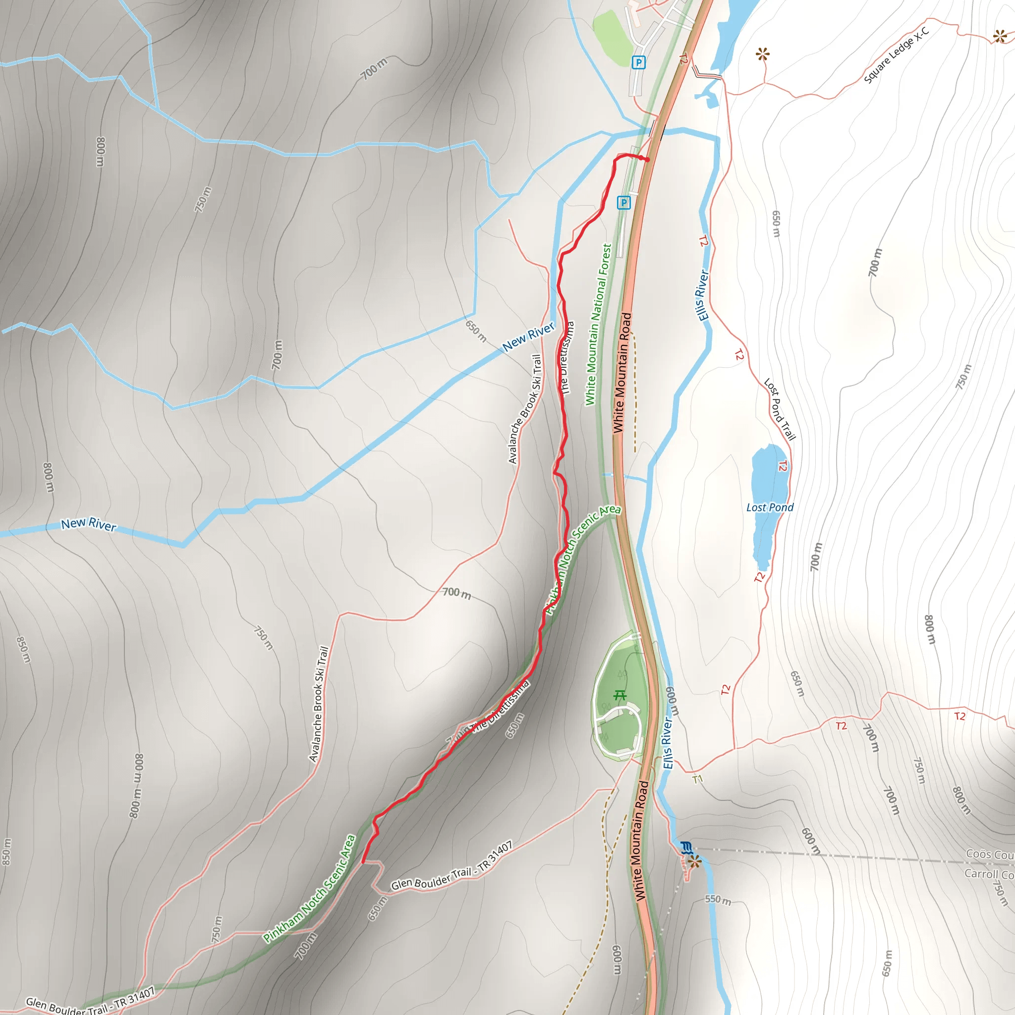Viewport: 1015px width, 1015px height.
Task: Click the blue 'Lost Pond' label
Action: click(x=770, y=507)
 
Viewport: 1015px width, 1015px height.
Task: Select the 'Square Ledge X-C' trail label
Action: click(x=897, y=55)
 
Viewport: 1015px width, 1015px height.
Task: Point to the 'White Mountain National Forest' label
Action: click(x=598, y=324)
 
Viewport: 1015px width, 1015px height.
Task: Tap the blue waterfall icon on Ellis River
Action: click(x=686, y=847)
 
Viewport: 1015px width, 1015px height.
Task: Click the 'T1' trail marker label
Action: click(x=698, y=779)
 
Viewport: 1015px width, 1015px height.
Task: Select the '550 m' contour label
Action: click(x=718, y=900)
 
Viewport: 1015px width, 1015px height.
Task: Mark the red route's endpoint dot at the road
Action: click(x=647, y=160)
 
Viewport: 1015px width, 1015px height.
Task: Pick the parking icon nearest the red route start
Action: click(x=623, y=203)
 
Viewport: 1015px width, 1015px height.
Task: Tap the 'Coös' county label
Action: click(x=988, y=854)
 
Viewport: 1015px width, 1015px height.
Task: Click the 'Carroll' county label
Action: click(x=988, y=874)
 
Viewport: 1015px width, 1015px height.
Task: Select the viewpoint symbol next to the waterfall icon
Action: click(x=694, y=861)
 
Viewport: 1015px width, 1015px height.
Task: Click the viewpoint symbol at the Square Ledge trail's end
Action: click(x=1000, y=36)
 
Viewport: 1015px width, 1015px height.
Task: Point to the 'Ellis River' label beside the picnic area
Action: click(x=667, y=743)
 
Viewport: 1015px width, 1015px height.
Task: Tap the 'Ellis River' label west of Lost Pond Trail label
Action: click(x=702, y=295)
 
